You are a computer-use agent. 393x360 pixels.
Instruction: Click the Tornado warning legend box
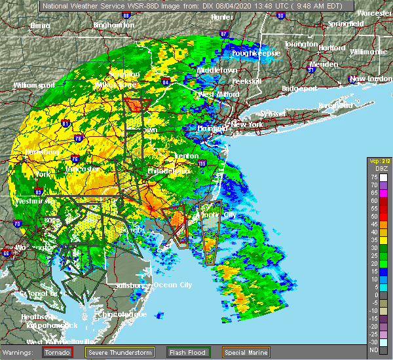58,351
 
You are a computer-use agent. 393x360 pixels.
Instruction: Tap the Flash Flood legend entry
187,351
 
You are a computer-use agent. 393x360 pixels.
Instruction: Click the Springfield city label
345,24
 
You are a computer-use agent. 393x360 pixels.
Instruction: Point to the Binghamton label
113,25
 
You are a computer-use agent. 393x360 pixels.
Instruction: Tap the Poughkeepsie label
257,52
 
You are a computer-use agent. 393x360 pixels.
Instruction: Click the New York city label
247,124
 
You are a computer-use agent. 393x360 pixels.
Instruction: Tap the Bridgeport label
299,88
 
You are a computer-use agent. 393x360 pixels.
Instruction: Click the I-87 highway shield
225,33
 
